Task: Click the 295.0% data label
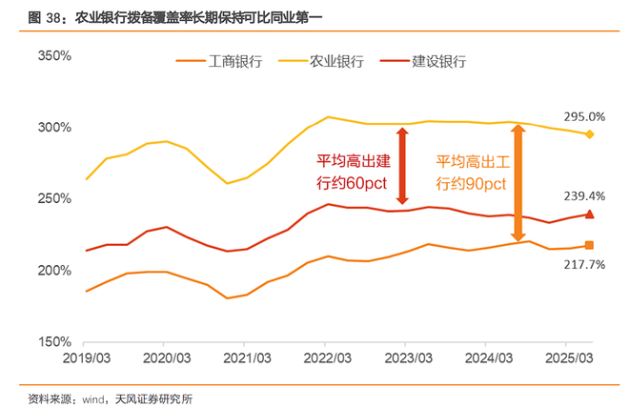584,116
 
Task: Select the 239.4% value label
584,197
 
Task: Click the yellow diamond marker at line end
590,134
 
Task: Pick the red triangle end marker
590,214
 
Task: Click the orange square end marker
590,246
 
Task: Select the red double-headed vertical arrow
403,167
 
